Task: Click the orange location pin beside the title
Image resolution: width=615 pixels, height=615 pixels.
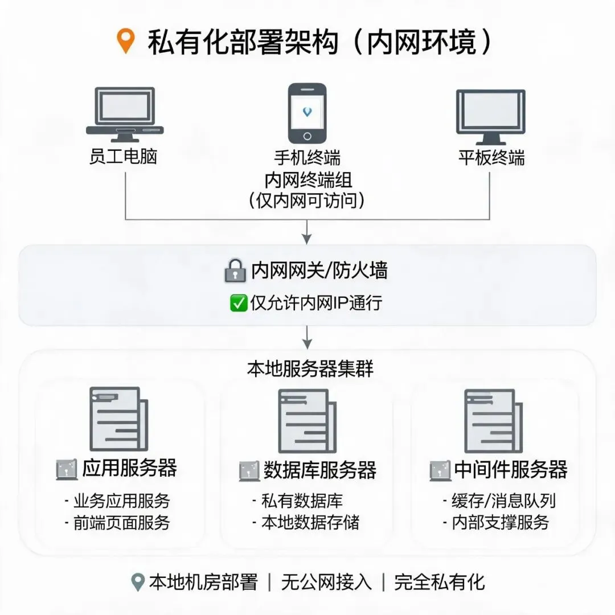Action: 126,40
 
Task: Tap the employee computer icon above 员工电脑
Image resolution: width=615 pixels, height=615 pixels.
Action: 125,114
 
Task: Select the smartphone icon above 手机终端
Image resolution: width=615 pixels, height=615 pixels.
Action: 307,113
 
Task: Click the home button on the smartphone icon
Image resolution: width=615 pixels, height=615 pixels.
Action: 307,136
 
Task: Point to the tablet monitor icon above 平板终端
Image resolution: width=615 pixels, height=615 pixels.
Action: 491,117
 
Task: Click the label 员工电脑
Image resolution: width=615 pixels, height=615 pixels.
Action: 124,157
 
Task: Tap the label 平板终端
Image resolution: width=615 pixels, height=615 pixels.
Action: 491,158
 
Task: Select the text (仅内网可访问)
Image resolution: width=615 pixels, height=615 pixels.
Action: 307,200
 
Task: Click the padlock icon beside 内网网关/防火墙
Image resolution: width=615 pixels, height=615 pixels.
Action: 235,270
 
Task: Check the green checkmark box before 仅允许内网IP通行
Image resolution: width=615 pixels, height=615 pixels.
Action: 239,303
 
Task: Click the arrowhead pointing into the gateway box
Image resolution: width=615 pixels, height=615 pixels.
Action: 307,239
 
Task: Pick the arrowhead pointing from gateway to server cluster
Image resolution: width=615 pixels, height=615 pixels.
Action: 307,344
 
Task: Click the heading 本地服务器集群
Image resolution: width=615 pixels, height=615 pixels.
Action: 310,369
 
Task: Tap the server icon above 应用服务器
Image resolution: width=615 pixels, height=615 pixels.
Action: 119,419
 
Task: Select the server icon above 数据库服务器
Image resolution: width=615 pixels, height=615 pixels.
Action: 307,421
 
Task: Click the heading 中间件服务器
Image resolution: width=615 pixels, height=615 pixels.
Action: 511,469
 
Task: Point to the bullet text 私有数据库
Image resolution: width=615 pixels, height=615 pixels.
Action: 302,501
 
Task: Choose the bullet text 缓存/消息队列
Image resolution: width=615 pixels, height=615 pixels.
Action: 503,501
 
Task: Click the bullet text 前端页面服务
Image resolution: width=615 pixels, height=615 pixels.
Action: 122,522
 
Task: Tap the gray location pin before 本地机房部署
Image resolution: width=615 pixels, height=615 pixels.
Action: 138,583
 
